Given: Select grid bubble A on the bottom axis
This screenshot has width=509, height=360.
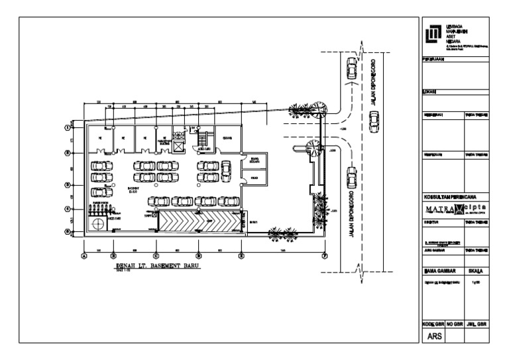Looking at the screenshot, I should click(84, 255).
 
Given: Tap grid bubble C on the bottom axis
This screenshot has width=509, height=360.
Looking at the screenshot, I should click(156, 255).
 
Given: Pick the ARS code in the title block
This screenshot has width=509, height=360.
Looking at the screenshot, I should click(433, 337).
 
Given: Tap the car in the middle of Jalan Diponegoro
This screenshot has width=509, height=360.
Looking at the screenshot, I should click(374, 121).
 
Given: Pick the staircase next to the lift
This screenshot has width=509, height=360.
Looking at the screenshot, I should click(204, 139).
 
